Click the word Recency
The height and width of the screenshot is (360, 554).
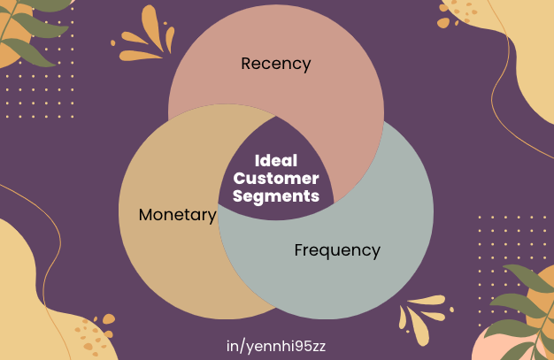click(276, 64)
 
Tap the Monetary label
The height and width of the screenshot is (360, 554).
click(177, 215)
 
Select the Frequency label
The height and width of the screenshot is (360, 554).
click(337, 250)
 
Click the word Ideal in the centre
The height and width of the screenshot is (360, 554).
click(276, 162)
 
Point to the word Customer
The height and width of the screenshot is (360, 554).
click(276, 180)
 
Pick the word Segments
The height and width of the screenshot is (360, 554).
click(276, 196)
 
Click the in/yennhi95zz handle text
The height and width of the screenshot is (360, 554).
click(276, 345)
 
